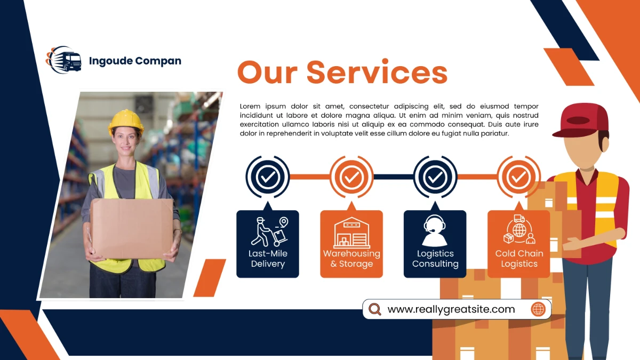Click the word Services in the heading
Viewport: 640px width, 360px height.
pos(377,73)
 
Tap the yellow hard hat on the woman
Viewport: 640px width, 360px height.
pos(126,122)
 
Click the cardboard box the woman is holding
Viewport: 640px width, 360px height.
pos(132,229)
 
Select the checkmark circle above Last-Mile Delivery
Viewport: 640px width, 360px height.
pos(267,177)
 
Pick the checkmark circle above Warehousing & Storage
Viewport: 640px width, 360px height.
pos(351,177)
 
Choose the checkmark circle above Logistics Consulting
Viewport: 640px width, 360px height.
pos(435,177)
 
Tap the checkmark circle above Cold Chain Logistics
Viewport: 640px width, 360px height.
pos(518,177)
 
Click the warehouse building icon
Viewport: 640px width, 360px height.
pos(351,233)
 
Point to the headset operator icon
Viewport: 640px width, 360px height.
pos(435,230)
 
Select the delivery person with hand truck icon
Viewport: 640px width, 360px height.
pos(269,231)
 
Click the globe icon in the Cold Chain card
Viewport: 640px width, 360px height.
pos(519,230)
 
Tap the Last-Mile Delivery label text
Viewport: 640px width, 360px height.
pos(268,259)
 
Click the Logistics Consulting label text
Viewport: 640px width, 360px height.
pos(435,259)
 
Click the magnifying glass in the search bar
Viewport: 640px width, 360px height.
pos(375,309)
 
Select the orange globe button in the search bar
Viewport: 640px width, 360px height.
pos(538,309)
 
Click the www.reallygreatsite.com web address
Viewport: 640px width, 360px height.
pos(451,309)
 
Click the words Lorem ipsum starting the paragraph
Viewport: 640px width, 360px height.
pos(263,107)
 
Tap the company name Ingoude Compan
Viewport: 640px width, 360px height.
pos(135,61)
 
